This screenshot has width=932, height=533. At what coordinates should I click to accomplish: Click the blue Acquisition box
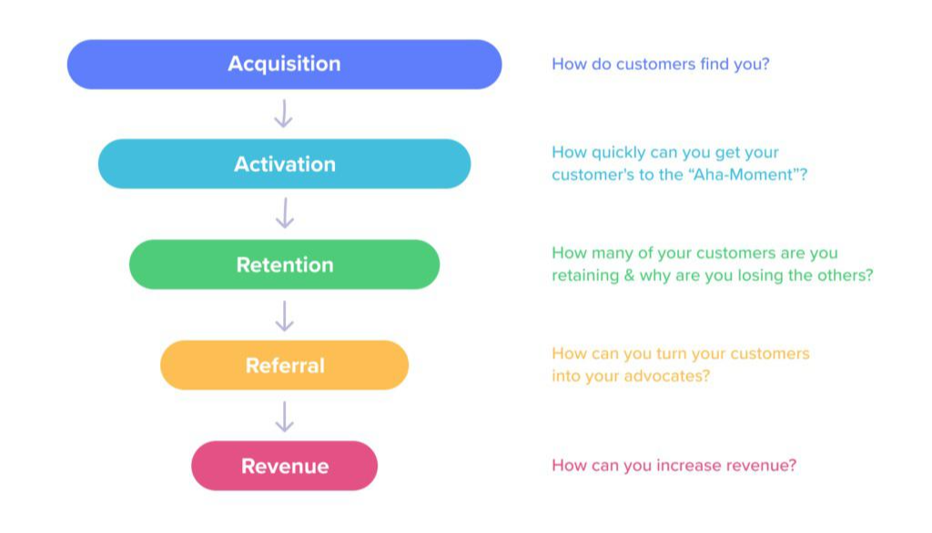click(284, 64)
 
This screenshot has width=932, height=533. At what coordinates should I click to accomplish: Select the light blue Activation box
click(284, 165)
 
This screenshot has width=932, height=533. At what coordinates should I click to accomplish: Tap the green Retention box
click(284, 265)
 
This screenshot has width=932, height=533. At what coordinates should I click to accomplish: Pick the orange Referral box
click(284, 366)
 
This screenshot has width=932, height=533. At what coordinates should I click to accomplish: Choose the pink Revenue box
click(284, 466)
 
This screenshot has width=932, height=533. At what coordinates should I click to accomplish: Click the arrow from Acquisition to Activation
click(284, 114)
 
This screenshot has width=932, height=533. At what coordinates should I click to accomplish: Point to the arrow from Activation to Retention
click(284, 214)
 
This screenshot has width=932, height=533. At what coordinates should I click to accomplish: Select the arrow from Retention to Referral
click(284, 315)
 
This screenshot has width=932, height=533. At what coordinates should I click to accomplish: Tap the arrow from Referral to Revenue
click(284, 416)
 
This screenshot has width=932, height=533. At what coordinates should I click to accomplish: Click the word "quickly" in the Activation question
click(614, 154)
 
